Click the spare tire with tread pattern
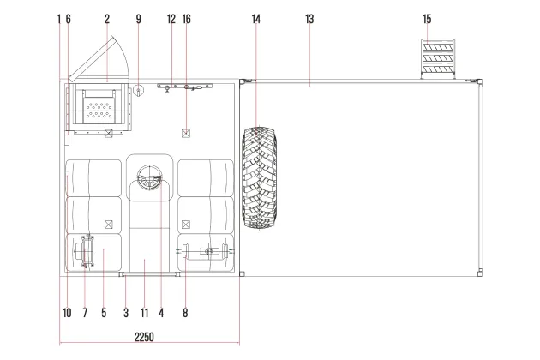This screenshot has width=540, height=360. pos(260,177)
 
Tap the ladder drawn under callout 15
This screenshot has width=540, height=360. pos(438,59)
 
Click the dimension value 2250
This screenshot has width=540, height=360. pos(144,337)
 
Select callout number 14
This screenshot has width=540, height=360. pos(256,20)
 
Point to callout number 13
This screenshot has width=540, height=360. pos(309,20)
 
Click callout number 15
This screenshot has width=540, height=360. pos(427,20)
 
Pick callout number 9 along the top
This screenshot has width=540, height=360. pos(139,20)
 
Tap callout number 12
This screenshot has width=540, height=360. pos(171,20)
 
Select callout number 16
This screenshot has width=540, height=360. pos(186,20)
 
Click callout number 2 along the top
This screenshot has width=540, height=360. pos(107,20)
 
